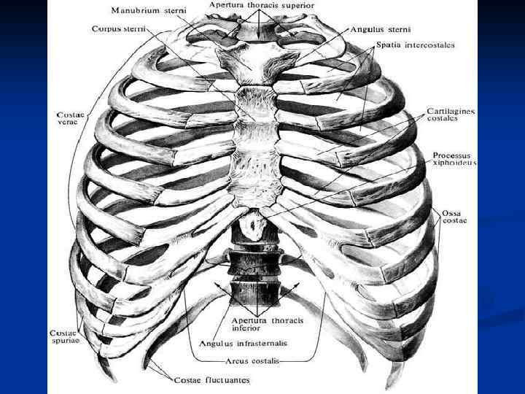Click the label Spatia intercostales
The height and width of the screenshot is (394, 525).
[416, 45]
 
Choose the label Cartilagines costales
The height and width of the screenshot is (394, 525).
[451, 116]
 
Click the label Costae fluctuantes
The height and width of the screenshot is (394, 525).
[211, 380]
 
